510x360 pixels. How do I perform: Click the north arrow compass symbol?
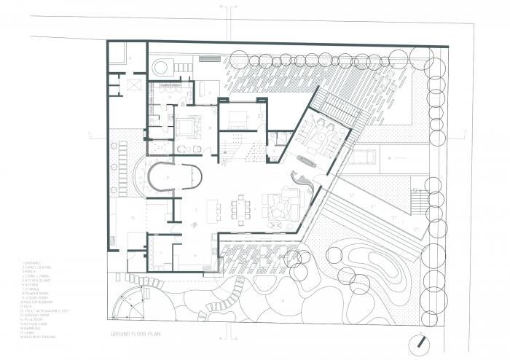pyautogui.click(x=420, y=341)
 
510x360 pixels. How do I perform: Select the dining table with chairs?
pyautogui.click(x=241, y=208)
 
